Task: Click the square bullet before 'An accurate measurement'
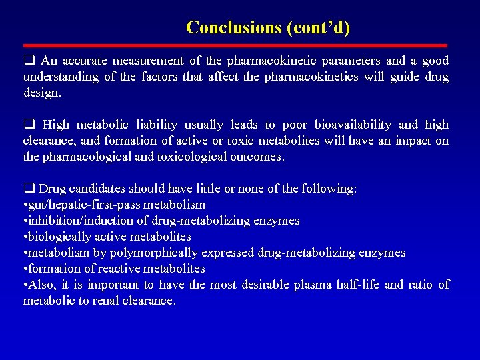coord(29,61)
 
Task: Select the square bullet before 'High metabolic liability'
coord(29,125)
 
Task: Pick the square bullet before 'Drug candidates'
coord(29,189)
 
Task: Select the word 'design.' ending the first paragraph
coord(42,93)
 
